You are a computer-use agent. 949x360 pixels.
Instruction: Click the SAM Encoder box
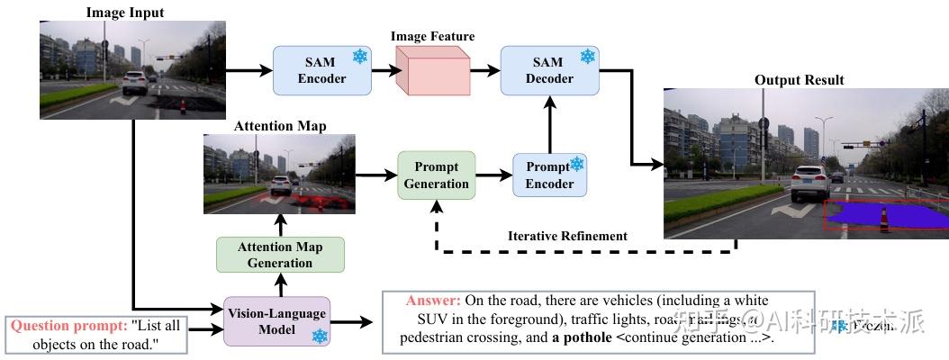322,70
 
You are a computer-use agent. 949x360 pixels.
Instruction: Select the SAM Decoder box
549,70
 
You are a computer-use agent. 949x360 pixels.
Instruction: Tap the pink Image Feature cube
433,71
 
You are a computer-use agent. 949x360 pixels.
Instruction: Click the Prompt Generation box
436,175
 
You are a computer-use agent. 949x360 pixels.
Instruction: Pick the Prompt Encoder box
549,175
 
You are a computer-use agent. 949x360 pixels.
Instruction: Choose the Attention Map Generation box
280,255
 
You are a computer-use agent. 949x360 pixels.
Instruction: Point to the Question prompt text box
97,334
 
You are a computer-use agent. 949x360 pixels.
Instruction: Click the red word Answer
433,301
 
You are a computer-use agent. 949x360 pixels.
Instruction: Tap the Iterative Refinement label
566,236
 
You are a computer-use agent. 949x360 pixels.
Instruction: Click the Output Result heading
799,80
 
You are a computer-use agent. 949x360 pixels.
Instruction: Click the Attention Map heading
280,126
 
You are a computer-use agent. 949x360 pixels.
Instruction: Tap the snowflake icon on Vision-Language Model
319,336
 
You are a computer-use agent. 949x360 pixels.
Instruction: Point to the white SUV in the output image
808,183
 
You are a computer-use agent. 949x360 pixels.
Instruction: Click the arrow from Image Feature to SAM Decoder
484,71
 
